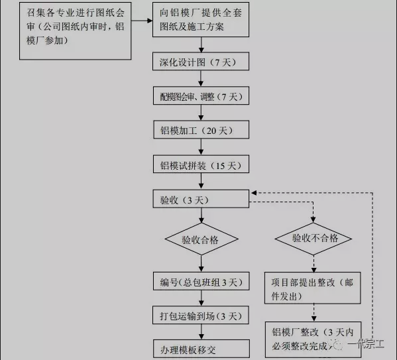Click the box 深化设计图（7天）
[201, 61]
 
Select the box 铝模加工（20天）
[201, 129]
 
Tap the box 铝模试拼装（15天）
[201, 164]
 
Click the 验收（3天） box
[201, 199]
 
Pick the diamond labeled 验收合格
[201, 239]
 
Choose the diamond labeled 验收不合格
[313, 239]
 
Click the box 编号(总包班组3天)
[201, 281]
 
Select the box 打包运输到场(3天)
[201, 315]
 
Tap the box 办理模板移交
[201, 349]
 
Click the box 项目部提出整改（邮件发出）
[313, 288]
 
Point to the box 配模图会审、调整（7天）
[201, 95]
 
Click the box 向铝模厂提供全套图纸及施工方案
[201, 20]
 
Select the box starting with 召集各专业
[75, 31]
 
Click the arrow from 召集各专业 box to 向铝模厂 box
[142, 21]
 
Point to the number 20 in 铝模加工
[211, 131]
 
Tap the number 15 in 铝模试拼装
[220, 166]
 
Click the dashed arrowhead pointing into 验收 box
[254, 193]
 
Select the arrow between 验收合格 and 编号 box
[201, 263]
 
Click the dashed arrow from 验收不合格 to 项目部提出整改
[313, 263]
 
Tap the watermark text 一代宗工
[366, 344]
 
